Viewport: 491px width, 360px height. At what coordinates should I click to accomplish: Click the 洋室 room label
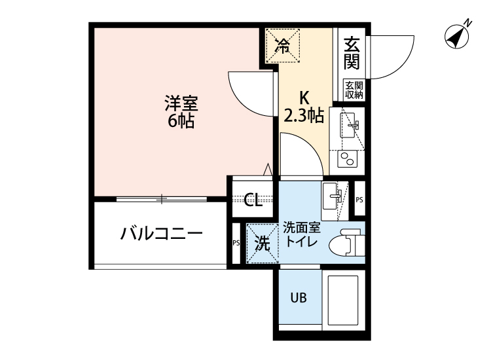pos(181,103)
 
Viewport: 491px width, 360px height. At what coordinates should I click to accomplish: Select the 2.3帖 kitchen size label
pos(304,117)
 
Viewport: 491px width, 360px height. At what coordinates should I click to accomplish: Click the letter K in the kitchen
pos(304,98)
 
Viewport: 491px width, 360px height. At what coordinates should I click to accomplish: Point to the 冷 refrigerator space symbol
pos(283,45)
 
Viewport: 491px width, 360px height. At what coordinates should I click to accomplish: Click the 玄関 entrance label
pos(352,54)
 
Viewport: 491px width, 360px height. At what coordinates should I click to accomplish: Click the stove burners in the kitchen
pos(346,158)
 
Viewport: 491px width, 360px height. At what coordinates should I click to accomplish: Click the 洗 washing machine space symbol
pos(262,243)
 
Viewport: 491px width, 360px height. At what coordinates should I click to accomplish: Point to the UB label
pos(299,298)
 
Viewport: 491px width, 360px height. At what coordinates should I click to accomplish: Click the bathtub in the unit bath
pos(344,302)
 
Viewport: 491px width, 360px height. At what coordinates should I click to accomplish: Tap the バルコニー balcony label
pos(161,234)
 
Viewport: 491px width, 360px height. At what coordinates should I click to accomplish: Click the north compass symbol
pos(456,35)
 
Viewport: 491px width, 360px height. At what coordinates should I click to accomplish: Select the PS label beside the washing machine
pos(236,243)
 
